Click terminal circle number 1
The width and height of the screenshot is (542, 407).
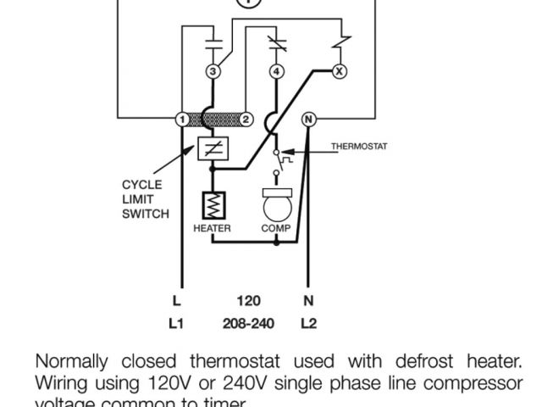(180, 120)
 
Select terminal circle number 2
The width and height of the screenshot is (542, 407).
(246, 120)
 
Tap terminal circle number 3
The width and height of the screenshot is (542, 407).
(213, 72)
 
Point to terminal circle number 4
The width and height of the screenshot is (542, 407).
(276, 72)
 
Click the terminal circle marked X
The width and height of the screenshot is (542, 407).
(340, 72)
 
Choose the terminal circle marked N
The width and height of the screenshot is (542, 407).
(308, 120)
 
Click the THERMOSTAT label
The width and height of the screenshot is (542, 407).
(359, 147)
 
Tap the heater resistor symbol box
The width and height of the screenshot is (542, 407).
(212, 206)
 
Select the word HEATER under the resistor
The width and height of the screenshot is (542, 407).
(212, 228)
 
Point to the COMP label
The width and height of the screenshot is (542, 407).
(276, 228)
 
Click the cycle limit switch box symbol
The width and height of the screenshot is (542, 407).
(212, 150)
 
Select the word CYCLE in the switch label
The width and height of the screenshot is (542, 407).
(141, 184)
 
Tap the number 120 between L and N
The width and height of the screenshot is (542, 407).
(248, 300)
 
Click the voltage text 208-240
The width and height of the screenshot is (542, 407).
(247, 324)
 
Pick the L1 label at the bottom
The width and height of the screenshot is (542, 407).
(176, 324)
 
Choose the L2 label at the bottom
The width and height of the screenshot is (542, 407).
(308, 324)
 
